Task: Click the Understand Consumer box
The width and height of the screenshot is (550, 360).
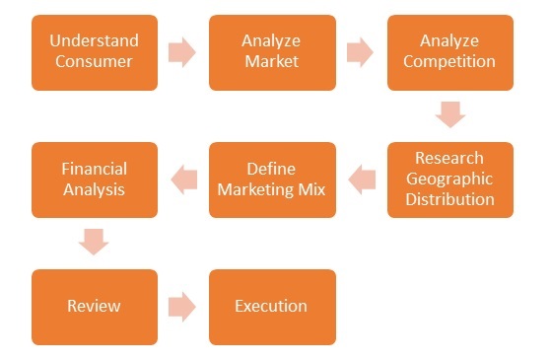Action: (94, 52)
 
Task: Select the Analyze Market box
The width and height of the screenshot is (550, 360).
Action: (271, 52)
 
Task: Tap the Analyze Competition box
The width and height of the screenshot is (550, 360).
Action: (449, 52)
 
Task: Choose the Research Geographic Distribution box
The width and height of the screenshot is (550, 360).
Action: (449, 180)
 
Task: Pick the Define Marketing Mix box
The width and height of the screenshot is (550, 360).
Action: (271, 180)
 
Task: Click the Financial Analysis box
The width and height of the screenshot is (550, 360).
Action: (94, 180)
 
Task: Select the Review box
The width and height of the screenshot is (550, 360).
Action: (94, 307)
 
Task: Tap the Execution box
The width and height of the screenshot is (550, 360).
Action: (271, 307)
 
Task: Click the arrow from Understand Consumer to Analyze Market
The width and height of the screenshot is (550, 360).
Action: (182, 52)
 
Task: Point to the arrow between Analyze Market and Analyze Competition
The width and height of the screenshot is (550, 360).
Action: (360, 52)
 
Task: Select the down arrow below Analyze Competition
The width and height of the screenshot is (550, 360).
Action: (449, 114)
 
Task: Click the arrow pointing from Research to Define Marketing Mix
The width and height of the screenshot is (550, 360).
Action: (362, 180)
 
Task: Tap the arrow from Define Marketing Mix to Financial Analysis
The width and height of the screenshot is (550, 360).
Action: (183, 180)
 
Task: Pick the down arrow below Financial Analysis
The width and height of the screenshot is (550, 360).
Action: (94, 242)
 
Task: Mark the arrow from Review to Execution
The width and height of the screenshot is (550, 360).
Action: (182, 307)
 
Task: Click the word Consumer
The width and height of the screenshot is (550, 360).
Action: (94, 62)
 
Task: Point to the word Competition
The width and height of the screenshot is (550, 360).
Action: (449, 62)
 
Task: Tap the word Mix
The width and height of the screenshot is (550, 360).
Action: (310, 189)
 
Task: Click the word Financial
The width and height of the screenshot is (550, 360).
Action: (94, 169)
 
